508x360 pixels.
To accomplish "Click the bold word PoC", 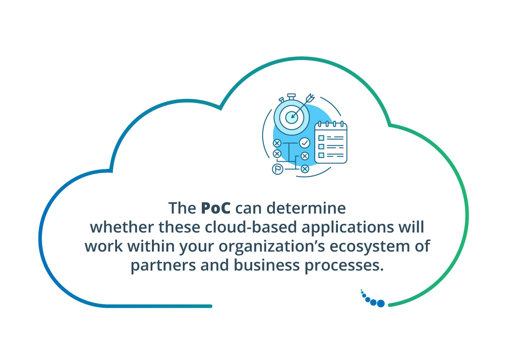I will point(216,208).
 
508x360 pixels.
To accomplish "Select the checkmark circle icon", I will point(304,143).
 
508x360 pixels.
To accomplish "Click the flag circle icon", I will point(277,169).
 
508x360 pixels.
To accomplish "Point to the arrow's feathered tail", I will point(311,97).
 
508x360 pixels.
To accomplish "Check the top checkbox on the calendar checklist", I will point(321,138).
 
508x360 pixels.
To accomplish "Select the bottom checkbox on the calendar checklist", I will point(321,155).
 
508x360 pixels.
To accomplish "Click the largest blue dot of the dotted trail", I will point(381,303).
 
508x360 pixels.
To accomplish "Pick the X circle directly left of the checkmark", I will point(277,143).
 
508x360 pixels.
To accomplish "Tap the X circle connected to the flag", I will point(305,169).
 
